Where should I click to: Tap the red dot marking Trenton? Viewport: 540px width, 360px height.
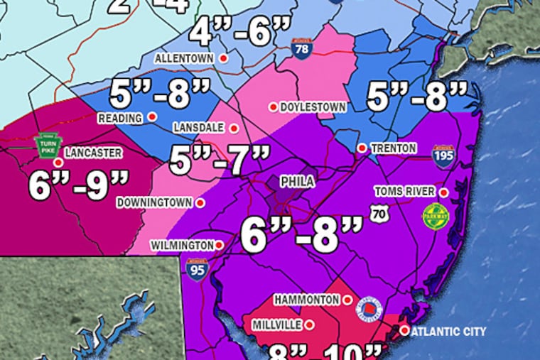362,148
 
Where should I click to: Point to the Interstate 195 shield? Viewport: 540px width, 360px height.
444,155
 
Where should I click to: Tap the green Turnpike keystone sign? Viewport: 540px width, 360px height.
46,146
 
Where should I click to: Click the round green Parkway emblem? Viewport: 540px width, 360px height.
433,216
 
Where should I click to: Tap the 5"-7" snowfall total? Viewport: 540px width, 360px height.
220,160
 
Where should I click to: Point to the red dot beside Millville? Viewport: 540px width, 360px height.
310,324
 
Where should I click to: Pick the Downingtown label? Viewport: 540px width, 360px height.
156,202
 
